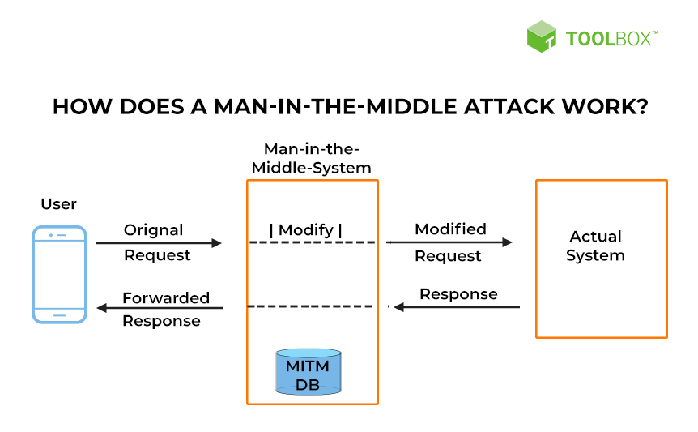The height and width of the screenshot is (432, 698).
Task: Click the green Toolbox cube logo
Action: tap(541, 36)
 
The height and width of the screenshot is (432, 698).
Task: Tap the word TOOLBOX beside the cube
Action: tap(611, 39)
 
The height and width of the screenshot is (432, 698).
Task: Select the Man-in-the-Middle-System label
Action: tap(311, 158)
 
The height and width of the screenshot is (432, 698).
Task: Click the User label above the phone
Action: tap(59, 204)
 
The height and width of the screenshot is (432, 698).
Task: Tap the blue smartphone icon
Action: tap(59, 274)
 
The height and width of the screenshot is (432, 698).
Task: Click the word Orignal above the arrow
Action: tap(154, 230)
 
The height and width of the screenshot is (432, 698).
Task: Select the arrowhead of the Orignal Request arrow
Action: tap(216, 242)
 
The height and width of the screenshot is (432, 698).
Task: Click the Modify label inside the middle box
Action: tap(306, 230)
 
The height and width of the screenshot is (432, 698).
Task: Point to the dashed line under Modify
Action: tap(312, 242)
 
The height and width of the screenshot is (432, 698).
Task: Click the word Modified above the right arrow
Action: tap(450, 229)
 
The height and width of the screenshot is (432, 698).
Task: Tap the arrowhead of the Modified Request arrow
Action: tap(507, 242)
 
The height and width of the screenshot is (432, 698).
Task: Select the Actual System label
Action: tap(596, 246)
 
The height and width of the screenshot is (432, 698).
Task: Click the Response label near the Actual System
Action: tap(458, 294)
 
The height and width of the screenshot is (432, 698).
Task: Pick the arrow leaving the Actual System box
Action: tap(457, 307)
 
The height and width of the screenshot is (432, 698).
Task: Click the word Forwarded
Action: tap(166, 297)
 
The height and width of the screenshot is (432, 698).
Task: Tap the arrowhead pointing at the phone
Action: tap(102, 308)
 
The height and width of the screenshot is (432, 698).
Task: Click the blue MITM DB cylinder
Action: tap(309, 372)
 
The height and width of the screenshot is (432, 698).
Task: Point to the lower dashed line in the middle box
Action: tap(310, 306)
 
